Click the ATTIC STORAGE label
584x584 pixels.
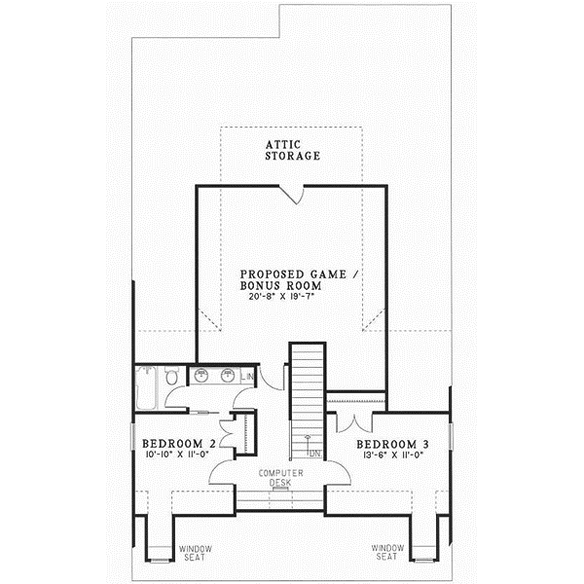[x=293, y=150]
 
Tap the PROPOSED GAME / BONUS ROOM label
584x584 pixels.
[x=300, y=280]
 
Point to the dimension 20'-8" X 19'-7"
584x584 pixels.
[x=284, y=297]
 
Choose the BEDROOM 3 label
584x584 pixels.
[x=391, y=444]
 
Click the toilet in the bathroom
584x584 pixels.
[x=171, y=374]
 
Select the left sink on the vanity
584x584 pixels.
[x=202, y=375]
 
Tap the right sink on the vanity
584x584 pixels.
[x=227, y=375]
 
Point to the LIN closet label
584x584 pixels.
[x=247, y=376]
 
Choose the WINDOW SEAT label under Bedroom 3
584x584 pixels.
[x=388, y=552]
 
